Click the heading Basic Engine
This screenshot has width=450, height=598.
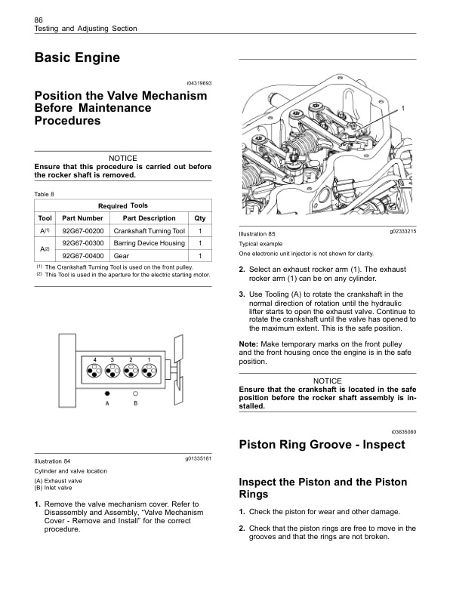pyautogui.click(x=78, y=57)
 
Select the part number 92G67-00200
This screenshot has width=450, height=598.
pyautogui.click(x=82, y=230)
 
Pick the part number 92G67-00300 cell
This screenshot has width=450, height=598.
pyautogui.click(x=82, y=243)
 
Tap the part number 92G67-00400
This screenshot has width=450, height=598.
pyautogui.click(x=82, y=257)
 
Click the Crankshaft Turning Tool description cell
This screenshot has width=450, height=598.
pyautogui.click(x=148, y=230)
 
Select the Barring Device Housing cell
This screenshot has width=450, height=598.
pyautogui.click(x=148, y=243)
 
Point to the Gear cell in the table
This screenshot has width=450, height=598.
pyautogui.click(x=121, y=257)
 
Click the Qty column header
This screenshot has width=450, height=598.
pyautogui.click(x=199, y=217)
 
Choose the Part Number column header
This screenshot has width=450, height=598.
pyautogui.click(x=82, y=217)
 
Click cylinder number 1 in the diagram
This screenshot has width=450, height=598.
pyautogui.click(x=149, y=359)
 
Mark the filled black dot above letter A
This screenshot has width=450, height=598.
pyautogui.click(x=109, y=393)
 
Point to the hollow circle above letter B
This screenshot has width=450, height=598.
pyautogui.click(x=135, y=393)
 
